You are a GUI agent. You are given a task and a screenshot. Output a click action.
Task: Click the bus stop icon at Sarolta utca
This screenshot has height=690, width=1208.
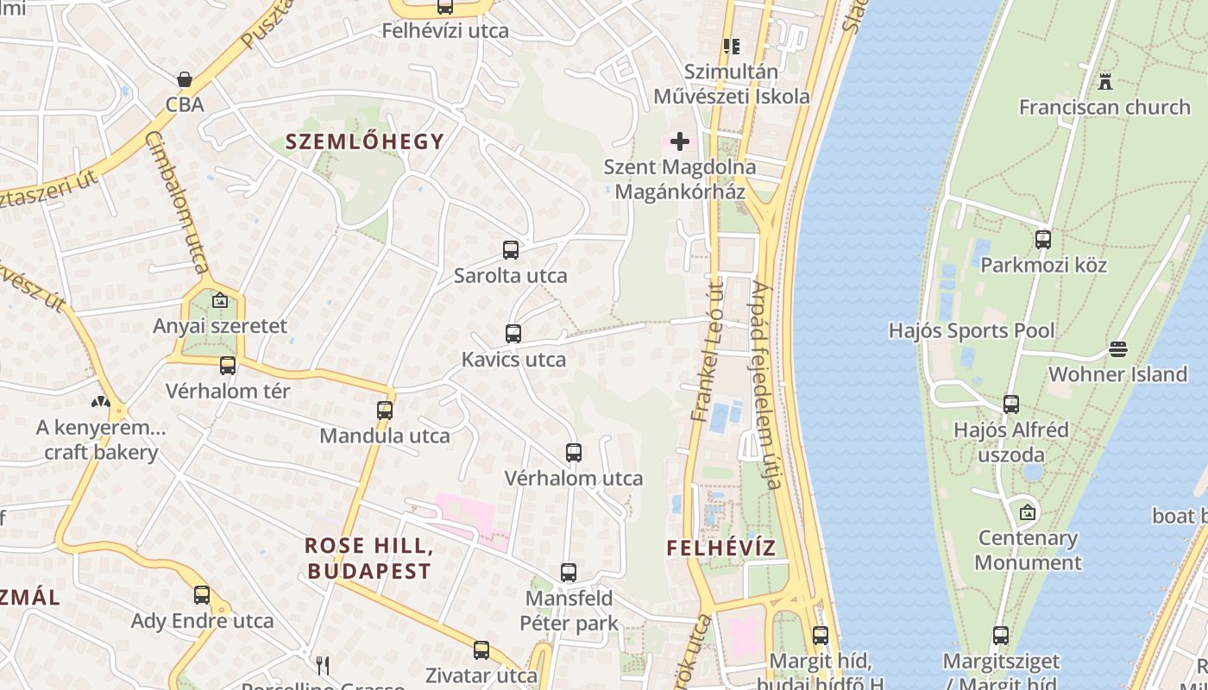[511, 250]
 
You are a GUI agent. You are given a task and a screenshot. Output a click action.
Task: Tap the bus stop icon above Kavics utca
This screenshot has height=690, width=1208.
[513, 334]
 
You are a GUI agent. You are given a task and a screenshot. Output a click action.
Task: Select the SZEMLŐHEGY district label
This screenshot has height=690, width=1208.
[365, 141]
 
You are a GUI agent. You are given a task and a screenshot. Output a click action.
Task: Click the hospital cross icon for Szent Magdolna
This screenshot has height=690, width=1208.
[680, 141]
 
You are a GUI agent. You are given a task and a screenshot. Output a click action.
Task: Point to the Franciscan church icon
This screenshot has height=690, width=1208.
[1104, 82]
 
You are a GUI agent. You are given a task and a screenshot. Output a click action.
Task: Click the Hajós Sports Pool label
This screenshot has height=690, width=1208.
[972, 331]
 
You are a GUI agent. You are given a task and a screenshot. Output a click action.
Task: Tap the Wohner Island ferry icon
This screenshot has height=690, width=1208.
[1118, 349]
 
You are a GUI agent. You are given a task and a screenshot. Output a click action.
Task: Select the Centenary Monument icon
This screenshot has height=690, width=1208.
[1027, 513]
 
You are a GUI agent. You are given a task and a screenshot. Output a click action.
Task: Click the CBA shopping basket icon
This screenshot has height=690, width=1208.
[185, 79]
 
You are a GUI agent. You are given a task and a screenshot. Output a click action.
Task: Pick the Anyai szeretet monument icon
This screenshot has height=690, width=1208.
[220, 301]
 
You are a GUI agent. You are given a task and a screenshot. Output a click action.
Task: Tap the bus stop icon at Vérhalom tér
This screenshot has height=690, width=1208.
[228, 366]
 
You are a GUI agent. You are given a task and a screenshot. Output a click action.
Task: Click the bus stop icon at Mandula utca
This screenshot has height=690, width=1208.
[385, 411]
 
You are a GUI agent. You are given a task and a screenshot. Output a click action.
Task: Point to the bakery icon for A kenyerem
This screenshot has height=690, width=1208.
[101, 402]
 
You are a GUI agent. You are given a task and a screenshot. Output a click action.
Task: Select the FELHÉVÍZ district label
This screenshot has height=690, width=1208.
[721, 548]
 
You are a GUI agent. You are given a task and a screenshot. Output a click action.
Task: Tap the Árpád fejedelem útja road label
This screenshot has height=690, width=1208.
[766, 385]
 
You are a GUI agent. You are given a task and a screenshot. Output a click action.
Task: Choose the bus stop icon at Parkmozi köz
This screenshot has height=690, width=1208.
[1043, 240]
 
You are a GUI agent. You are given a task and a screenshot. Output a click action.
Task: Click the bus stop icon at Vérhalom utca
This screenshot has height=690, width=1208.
[574, 453]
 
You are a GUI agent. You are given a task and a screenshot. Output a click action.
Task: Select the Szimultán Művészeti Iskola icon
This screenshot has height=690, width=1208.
[732, 47]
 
